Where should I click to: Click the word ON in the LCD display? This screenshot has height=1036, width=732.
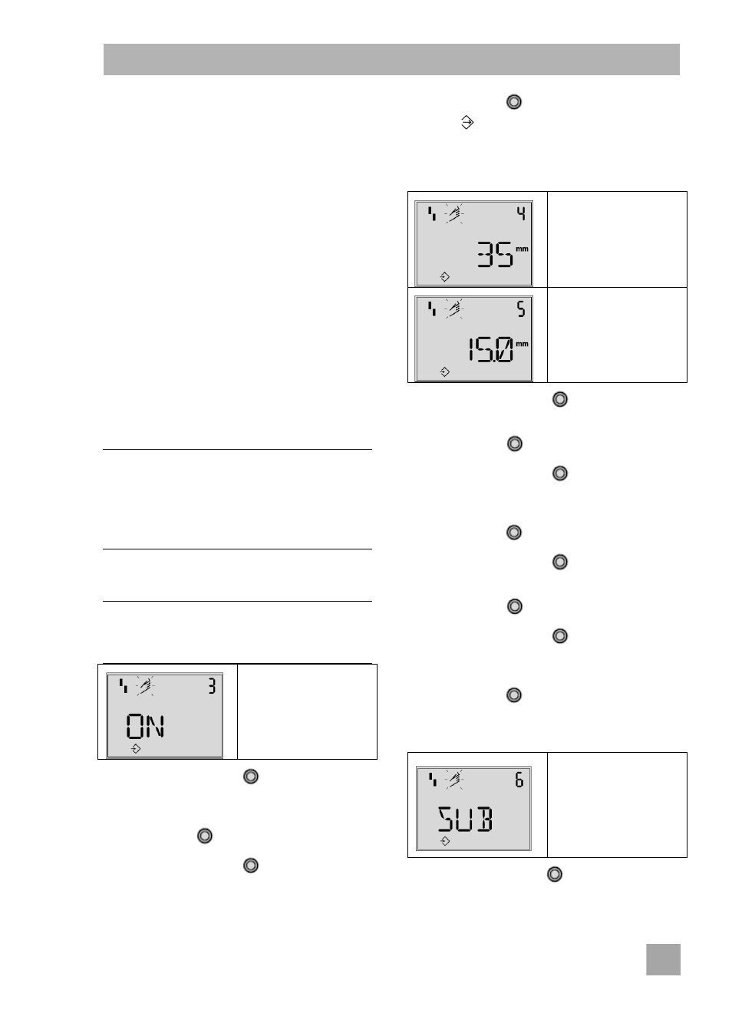pyautogui.click(x=145, y=727)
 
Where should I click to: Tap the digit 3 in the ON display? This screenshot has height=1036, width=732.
pyautogui.click(x=212, y=686)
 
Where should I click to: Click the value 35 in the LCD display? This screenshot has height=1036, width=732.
pyautogui.click(x=495, y=254)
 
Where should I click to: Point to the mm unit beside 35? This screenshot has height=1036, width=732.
pyautogui.click(x=522, y=249)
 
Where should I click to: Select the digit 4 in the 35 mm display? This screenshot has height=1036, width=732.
pyautogui.click(x=521, y=213)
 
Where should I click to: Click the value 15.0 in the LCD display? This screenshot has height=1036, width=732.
pyautogui.click(x=490, y=350)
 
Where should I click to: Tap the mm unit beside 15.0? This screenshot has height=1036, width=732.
pyautogui.click(x=522, y=344)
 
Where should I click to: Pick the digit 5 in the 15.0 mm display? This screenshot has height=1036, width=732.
pyautogui.click(x=521, y=309)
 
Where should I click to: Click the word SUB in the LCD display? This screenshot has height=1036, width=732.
pyautogui.click(x=465, y=820)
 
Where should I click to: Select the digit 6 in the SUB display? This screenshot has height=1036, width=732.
pyautogui.click(x=519, y=780)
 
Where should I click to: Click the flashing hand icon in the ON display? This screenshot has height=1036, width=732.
pyautogui.click(x=146, y=686)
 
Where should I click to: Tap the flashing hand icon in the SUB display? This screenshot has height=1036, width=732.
pyautogui.click(x=455, y=780)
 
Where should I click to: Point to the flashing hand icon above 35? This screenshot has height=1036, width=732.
pyautogui.click(x=454, y=213)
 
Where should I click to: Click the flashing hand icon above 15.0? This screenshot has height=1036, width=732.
pyautogui.click(x=454, y=308)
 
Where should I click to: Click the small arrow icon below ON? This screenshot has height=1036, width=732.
pyautogui.click(x=136, y=749)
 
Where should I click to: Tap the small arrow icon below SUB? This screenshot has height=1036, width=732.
pyautogui.click(x=445, y=841)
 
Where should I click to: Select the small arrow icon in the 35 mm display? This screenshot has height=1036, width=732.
pyautogui.click(x=444, y=277)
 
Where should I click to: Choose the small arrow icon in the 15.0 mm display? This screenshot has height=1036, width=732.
pyautogui.click(x=444, y=372)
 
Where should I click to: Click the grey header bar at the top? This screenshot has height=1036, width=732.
pyautogui.click(x=391, y=59)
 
